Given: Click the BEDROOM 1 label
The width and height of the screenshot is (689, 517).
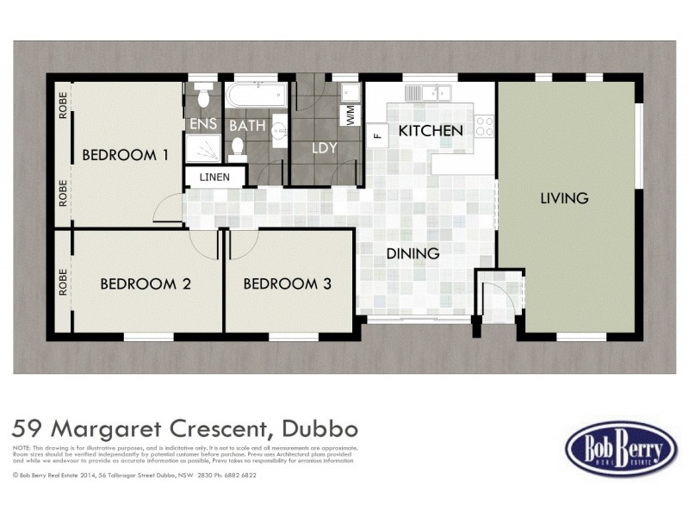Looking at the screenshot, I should click(125, 155).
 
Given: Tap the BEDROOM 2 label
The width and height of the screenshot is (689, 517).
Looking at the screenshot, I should click(145, 283).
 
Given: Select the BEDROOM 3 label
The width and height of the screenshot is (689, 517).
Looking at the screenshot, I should click(287, 283).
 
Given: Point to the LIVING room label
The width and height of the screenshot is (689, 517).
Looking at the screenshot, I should click(564, 198).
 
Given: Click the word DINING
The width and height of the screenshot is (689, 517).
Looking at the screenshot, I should click(413, 254).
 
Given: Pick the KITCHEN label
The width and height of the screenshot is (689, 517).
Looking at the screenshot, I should click(431, 131).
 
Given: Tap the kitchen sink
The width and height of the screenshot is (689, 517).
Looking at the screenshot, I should click(427, 91).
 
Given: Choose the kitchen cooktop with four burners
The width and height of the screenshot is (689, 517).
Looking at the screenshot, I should click(484, 127).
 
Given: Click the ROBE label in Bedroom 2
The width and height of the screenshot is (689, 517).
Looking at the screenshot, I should click(63, 283).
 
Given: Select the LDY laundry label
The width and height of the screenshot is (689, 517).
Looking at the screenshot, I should click(324, 148).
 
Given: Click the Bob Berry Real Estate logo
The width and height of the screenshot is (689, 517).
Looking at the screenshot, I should click(621, 448).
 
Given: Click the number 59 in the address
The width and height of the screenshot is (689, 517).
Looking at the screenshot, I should click(28, 428).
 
